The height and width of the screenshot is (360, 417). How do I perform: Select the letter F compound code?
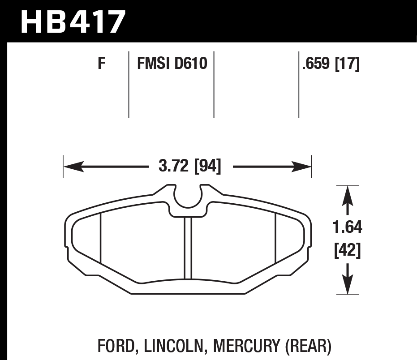point(101,64)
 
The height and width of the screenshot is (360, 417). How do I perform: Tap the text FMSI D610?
point(172,64)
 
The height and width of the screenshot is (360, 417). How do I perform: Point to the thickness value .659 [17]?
point(331,64)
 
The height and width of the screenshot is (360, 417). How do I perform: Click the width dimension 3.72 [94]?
point(190,167)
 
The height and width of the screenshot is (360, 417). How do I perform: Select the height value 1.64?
point(348,227)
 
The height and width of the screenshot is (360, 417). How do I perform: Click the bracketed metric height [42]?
point(348,251)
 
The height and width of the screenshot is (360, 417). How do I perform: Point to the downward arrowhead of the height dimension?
point(348,284)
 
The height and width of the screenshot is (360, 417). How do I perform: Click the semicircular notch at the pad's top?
point(189,199)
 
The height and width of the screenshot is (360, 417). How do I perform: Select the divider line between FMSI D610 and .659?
point(214,85)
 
